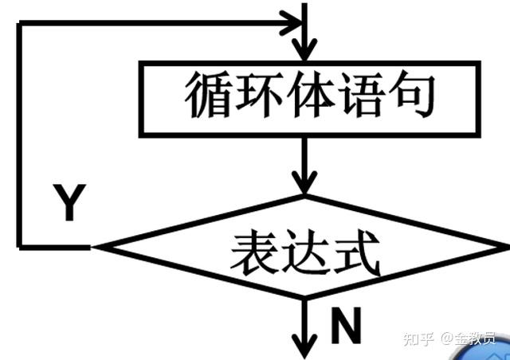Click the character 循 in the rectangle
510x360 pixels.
tap(209, 97)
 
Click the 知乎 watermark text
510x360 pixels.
tap(418, 338)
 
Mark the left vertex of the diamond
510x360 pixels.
tap(96, 246)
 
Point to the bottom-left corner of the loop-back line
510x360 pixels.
tap(20, 246)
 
